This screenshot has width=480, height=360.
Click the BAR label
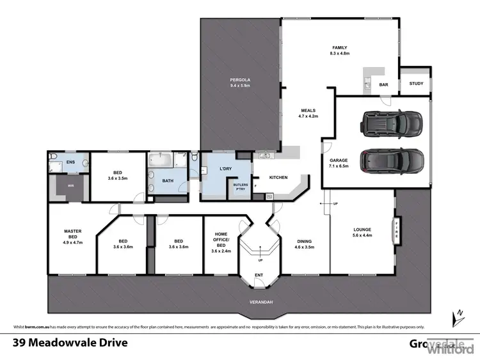click(385, 84)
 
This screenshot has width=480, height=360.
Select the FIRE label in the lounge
click(396, 227)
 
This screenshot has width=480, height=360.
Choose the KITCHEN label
click(278, 177)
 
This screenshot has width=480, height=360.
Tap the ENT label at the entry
click(259, 275)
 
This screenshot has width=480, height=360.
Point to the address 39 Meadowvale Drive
click(70, 342)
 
